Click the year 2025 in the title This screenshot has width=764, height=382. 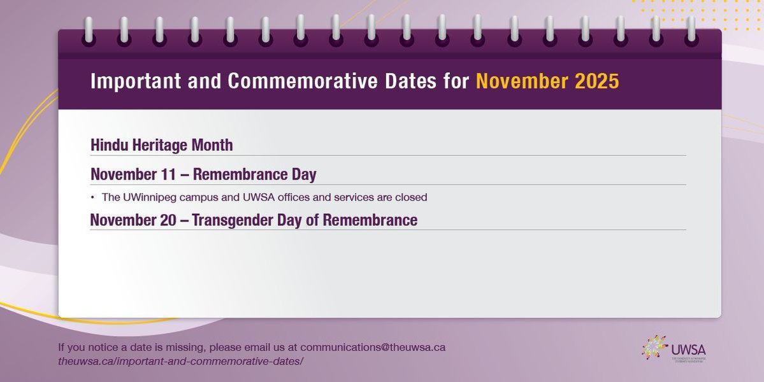597,82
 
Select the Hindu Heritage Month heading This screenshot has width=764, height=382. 162,145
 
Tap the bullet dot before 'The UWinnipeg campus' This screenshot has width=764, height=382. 92,197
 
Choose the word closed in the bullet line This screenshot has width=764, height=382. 411,197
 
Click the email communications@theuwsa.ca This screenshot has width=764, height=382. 373,348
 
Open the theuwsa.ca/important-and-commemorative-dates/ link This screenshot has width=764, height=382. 180,361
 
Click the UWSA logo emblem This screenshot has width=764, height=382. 654,348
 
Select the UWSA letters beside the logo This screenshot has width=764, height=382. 688,350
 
